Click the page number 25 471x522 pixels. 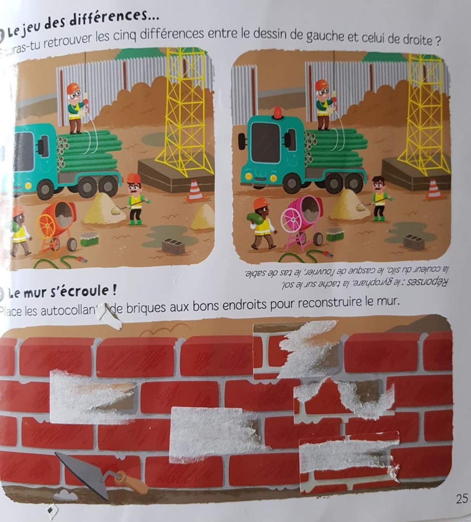(x=462, y=499)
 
